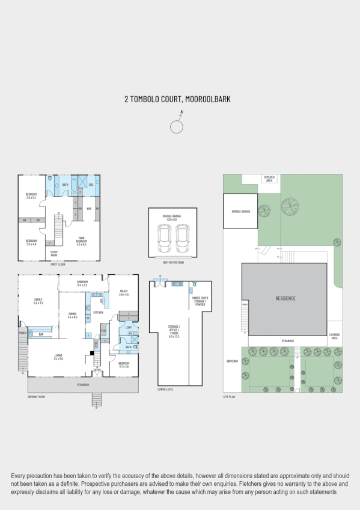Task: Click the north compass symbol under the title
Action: click(177, 126)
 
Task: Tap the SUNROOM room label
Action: click(82, 283)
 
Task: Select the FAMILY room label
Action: click(38, 301)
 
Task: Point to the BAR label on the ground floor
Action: click(41, 334)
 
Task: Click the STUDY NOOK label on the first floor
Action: click(53, 253)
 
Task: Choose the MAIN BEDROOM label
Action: click(81, 242)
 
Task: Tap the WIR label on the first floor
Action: click(88, 209)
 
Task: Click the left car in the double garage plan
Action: click(164, 239)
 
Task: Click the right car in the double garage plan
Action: click(182, 239)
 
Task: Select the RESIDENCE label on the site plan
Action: click(285, 298)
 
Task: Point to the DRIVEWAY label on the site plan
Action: click(232, 361)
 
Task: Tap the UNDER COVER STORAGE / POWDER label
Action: click(200, 301)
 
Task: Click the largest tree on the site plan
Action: click(290, 206)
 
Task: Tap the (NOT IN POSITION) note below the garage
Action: click(173, 263)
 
